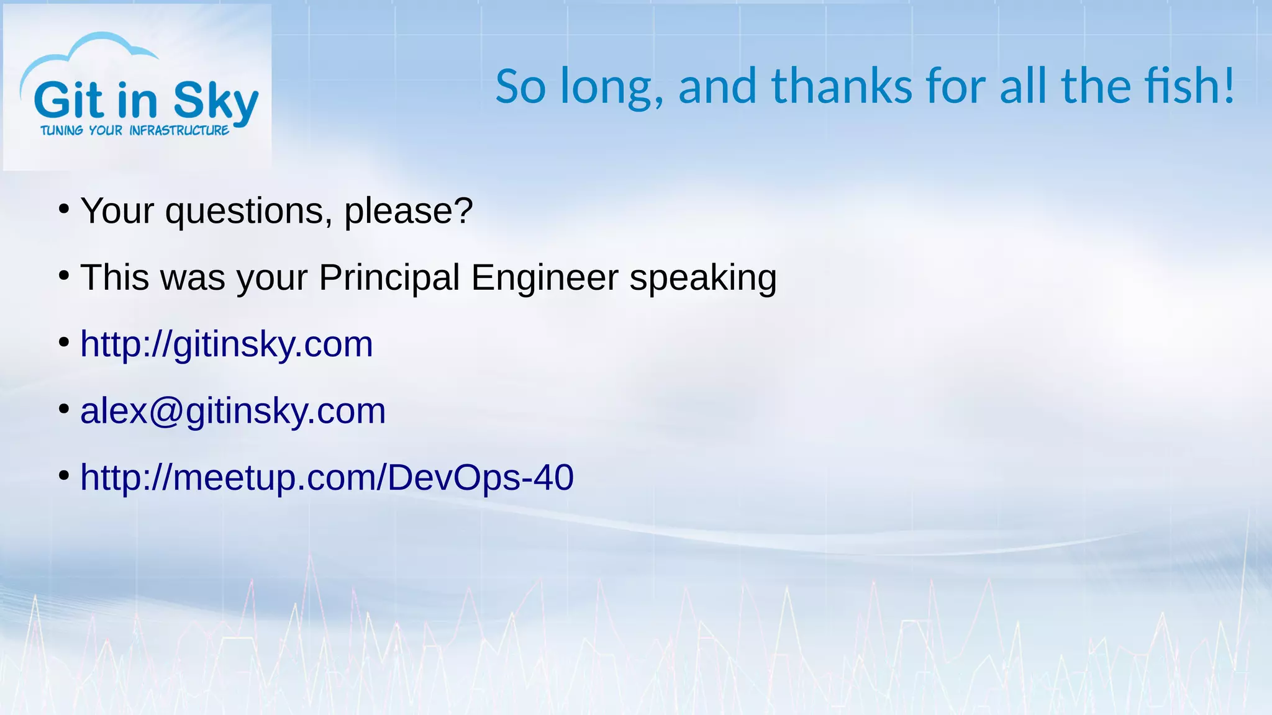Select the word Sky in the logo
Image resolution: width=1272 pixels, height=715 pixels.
point(216,101)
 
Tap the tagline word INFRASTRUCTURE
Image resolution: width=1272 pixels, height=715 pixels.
point(179,130)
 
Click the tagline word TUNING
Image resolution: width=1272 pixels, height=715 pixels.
point(61,130)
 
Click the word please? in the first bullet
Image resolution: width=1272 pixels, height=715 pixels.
point(409,211)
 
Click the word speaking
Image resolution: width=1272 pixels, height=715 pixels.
point(703,278)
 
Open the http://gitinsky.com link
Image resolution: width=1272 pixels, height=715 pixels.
point(227,344)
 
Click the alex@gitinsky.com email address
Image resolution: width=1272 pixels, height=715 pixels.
point(233,411)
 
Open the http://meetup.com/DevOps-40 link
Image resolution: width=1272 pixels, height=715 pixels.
point(327,477)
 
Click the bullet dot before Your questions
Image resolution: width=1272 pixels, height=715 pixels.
point(63,210)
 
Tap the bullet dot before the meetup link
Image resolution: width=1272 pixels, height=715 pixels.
point(63,476)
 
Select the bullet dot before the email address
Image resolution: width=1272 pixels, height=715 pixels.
point(63,410)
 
